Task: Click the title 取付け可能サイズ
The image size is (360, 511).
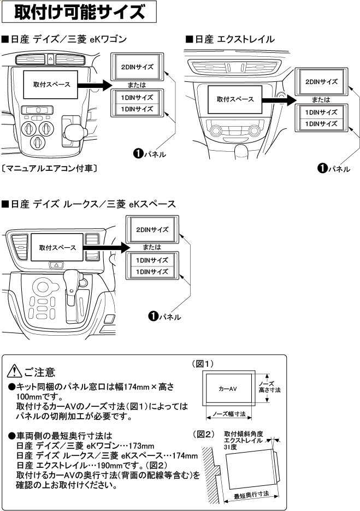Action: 79,11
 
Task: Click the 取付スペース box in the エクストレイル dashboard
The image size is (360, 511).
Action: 235,99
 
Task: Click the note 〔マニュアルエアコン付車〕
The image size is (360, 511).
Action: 50,169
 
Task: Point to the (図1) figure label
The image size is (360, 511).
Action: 202,364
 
